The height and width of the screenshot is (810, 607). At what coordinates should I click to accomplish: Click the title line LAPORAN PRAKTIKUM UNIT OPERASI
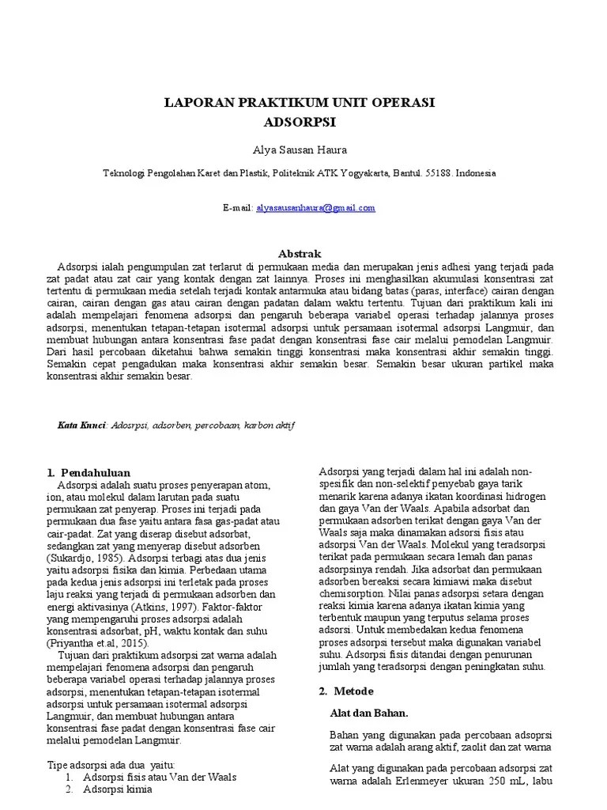pos(300,103)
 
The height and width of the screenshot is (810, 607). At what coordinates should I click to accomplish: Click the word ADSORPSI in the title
pos(300,123)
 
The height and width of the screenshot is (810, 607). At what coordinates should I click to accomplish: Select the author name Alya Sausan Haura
pos(300,150)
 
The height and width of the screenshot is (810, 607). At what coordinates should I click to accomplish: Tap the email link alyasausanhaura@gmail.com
pos(315,208)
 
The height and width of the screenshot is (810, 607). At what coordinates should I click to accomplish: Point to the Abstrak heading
pos(300,254)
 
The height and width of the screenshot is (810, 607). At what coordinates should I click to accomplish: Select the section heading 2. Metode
pos(346,691)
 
